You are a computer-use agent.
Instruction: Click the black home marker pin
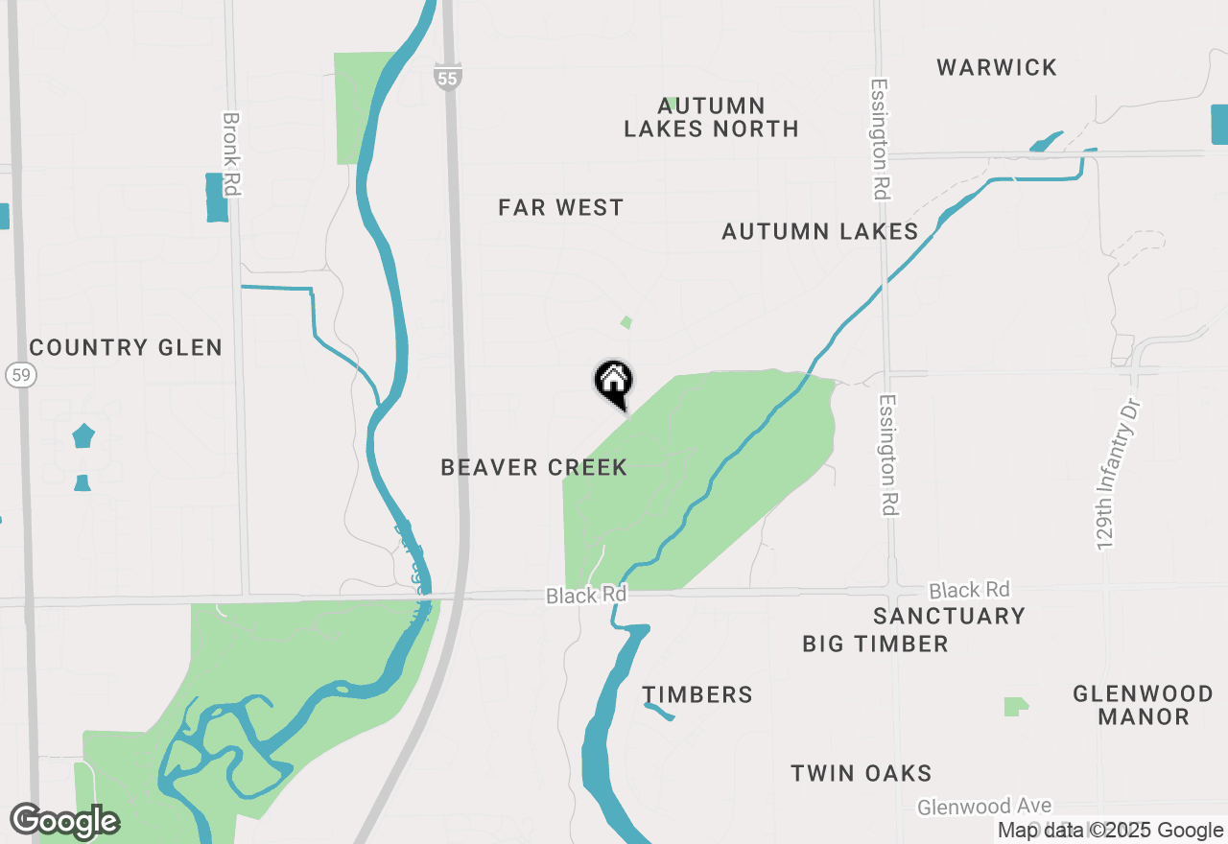pyautogui.click(x=614, y=382)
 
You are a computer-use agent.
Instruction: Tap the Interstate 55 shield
pyautogui.click(x=447, y=77)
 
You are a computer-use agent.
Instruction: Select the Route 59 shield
pyautogui.click(x=21, y=374)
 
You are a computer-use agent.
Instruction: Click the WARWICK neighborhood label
pyautogui.click(x=997, y=67)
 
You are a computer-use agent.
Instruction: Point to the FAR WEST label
pyautogui.click(x=561, y=207)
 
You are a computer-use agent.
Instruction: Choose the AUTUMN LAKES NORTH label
pyautogui.click(x=711, y=117)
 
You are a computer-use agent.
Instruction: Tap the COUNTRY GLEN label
pyautogui.click(x=126, y=347)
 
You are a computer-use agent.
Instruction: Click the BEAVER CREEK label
pyautogui.click(x=534, y=467)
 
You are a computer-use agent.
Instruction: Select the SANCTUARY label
pyautogui.click(x=949, y=616)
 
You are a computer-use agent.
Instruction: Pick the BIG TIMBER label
pyautogui.click(x=875, y=644)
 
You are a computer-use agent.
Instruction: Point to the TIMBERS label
pyautogui.click(x=697, y=694)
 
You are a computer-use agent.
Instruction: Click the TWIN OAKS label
pyautogui.click(x=862, y=773)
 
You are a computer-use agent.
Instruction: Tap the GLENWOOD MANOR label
pyautogui.click(x=1143, y=704)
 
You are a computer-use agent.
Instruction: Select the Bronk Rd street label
pyautogui.click(x=230, y=154)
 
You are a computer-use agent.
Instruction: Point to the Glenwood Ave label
pyautogui.click(x=984, y=807)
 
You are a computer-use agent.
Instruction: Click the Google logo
pyautogui.click(x=64, y=822)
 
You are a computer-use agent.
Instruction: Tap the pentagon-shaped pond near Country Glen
pyautogui.click(x=83, y=436)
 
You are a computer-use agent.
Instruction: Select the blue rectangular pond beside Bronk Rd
pyautogui.click(x=218, y=198)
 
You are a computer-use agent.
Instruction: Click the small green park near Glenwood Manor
pyautogui.click(x=1015, y=707)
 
